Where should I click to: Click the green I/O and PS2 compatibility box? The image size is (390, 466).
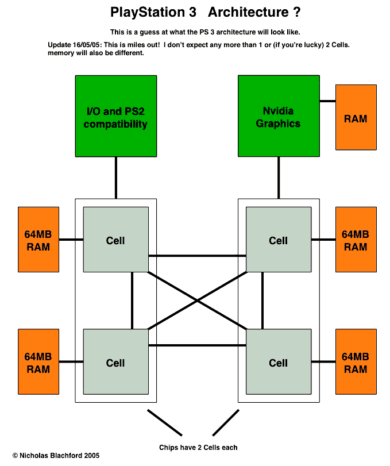tap(115, 115)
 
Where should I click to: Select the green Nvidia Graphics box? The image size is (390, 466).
tap(279, 115)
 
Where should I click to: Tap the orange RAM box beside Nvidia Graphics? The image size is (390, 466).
tap(356, 119)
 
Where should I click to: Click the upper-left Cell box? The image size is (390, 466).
tap(115, 240)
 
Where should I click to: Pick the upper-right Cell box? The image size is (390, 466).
tap(279, 240)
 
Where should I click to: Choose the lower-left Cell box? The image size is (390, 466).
tap(115, 362)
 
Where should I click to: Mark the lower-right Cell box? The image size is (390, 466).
tap(279, 362)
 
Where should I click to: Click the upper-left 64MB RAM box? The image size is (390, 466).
tap(38, 240)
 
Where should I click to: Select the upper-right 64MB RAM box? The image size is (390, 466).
tap(356, 240)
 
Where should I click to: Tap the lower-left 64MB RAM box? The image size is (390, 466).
tap(38, 362)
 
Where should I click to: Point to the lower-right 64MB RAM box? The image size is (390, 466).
tap(356, 362)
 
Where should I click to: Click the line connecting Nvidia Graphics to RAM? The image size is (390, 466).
tap(327, 101)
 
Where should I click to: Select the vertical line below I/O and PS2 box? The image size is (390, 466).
tap(116, 177)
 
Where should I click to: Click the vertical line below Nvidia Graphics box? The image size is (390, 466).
tap(279, 177)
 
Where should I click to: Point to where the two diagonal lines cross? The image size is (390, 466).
tap(197, 301)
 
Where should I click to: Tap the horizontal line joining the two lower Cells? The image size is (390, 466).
tap(197, 345)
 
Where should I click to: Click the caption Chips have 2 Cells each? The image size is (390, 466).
tap(198, 447)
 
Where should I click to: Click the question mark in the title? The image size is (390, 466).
tap(295, 12)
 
